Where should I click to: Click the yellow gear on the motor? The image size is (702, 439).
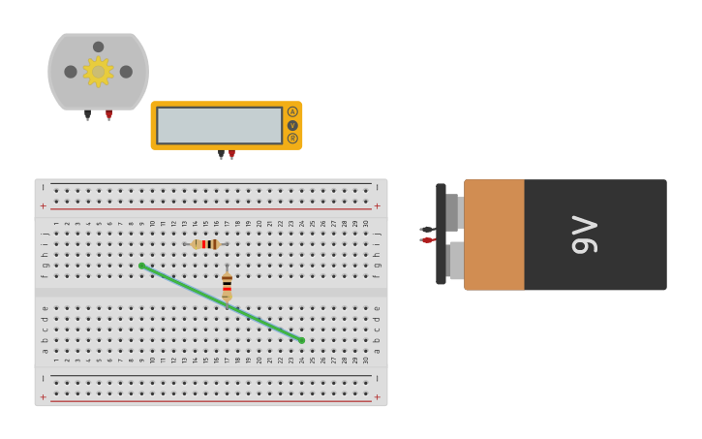98,72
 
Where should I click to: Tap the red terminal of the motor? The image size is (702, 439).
108,115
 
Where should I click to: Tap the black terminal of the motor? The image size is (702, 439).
87,115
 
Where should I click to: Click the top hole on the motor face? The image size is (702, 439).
98,47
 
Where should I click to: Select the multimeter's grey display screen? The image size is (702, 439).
220,125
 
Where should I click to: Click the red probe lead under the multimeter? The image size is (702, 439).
231,154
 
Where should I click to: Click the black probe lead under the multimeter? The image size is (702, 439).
221,154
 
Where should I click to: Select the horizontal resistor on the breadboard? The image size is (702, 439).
205,244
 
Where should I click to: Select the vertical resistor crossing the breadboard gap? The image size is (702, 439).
227,286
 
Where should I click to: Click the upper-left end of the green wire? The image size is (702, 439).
141,266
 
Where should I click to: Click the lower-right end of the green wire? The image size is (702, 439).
301,340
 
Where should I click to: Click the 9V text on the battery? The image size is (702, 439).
585,235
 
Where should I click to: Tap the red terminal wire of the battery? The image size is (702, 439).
426,240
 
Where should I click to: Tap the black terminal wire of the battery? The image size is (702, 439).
426,230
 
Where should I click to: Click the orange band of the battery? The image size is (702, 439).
494,235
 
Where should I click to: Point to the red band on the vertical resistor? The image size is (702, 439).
227,289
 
